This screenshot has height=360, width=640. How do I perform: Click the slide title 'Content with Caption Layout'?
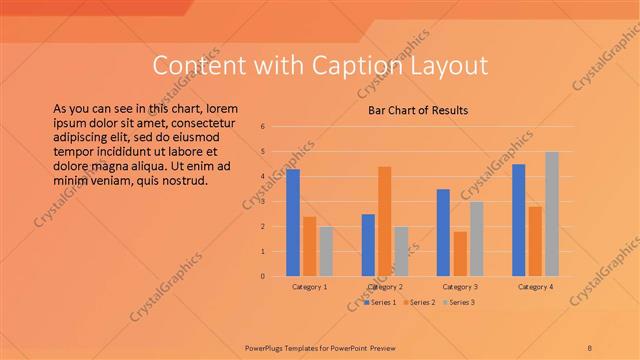(x=320, y=66)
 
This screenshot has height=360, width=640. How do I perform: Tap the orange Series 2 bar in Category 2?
(x=385, y=221)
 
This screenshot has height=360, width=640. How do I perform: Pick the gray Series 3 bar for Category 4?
(x=552, y=214)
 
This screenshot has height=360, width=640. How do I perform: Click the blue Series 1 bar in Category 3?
(x=443, y=232)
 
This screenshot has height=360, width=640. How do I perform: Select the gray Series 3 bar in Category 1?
(x=326, y=251)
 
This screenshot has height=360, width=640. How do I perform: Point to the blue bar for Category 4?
(x=518, y=220)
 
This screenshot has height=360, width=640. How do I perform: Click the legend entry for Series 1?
(x=382, y=301)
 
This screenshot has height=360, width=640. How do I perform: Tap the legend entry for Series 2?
(x=420, y=301)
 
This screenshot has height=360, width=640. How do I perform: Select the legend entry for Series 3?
(x=459, y=301)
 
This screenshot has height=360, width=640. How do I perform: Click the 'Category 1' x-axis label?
(x=310, y=287)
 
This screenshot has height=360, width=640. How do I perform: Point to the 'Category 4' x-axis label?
(x=535, y=287)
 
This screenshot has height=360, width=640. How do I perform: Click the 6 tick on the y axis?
(x=262, y=127)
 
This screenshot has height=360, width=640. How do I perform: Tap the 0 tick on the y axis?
(x=262, y=276)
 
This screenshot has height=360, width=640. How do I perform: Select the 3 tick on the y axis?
(x=262, y=202)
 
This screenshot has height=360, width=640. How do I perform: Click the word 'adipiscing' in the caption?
(x=85, y=129)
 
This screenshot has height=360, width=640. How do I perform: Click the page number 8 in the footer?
(x=591, y=346)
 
